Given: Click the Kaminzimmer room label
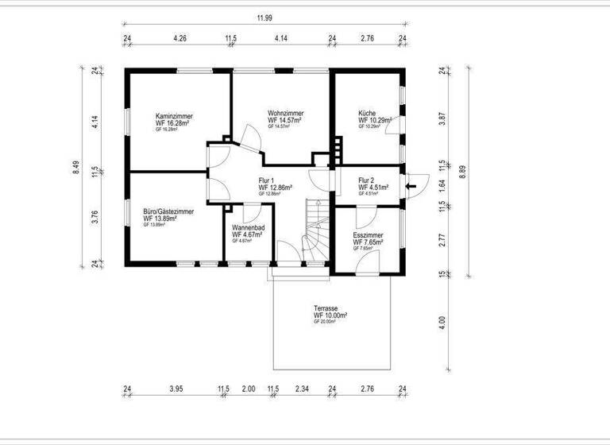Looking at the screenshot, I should click(x=174, y=116).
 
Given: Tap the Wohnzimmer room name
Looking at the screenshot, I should click(x=284, y=113).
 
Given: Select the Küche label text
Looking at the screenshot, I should click(x=366, y=113).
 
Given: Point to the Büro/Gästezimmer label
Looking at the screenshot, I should click(x=168, y=211).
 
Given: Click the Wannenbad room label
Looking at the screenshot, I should click(x=248, y=228).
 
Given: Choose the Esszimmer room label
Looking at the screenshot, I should click(x=368, y=235).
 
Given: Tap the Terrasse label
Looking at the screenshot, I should click(x=326, y=308).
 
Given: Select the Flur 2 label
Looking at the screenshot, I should click(x=367, y=180).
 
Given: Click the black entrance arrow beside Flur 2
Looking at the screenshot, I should click(x=411, y=187).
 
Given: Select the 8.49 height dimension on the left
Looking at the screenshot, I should click(x=76, y=167).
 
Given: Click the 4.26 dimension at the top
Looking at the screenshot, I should click(x=180, y=37).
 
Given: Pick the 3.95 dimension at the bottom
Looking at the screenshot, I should click(x=176, y=389).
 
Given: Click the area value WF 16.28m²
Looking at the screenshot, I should click(x=174, y=123).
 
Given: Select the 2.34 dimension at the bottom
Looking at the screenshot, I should click(x=303, y=389).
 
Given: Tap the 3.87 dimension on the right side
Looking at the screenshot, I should click(x=442, y=118).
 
